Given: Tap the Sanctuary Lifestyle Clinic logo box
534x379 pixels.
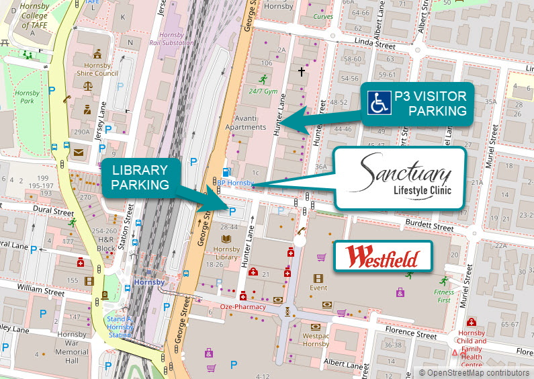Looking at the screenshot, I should [400, 178].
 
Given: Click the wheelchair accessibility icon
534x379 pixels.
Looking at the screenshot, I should [380, 103].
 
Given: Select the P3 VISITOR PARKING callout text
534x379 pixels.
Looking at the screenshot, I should [430, 103].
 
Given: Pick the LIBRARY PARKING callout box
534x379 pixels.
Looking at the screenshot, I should [140, 177].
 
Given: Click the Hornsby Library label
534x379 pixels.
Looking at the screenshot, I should [226, 257].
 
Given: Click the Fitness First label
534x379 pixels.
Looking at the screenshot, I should [443, 296].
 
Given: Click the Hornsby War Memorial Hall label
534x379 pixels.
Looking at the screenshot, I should [71, 343].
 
